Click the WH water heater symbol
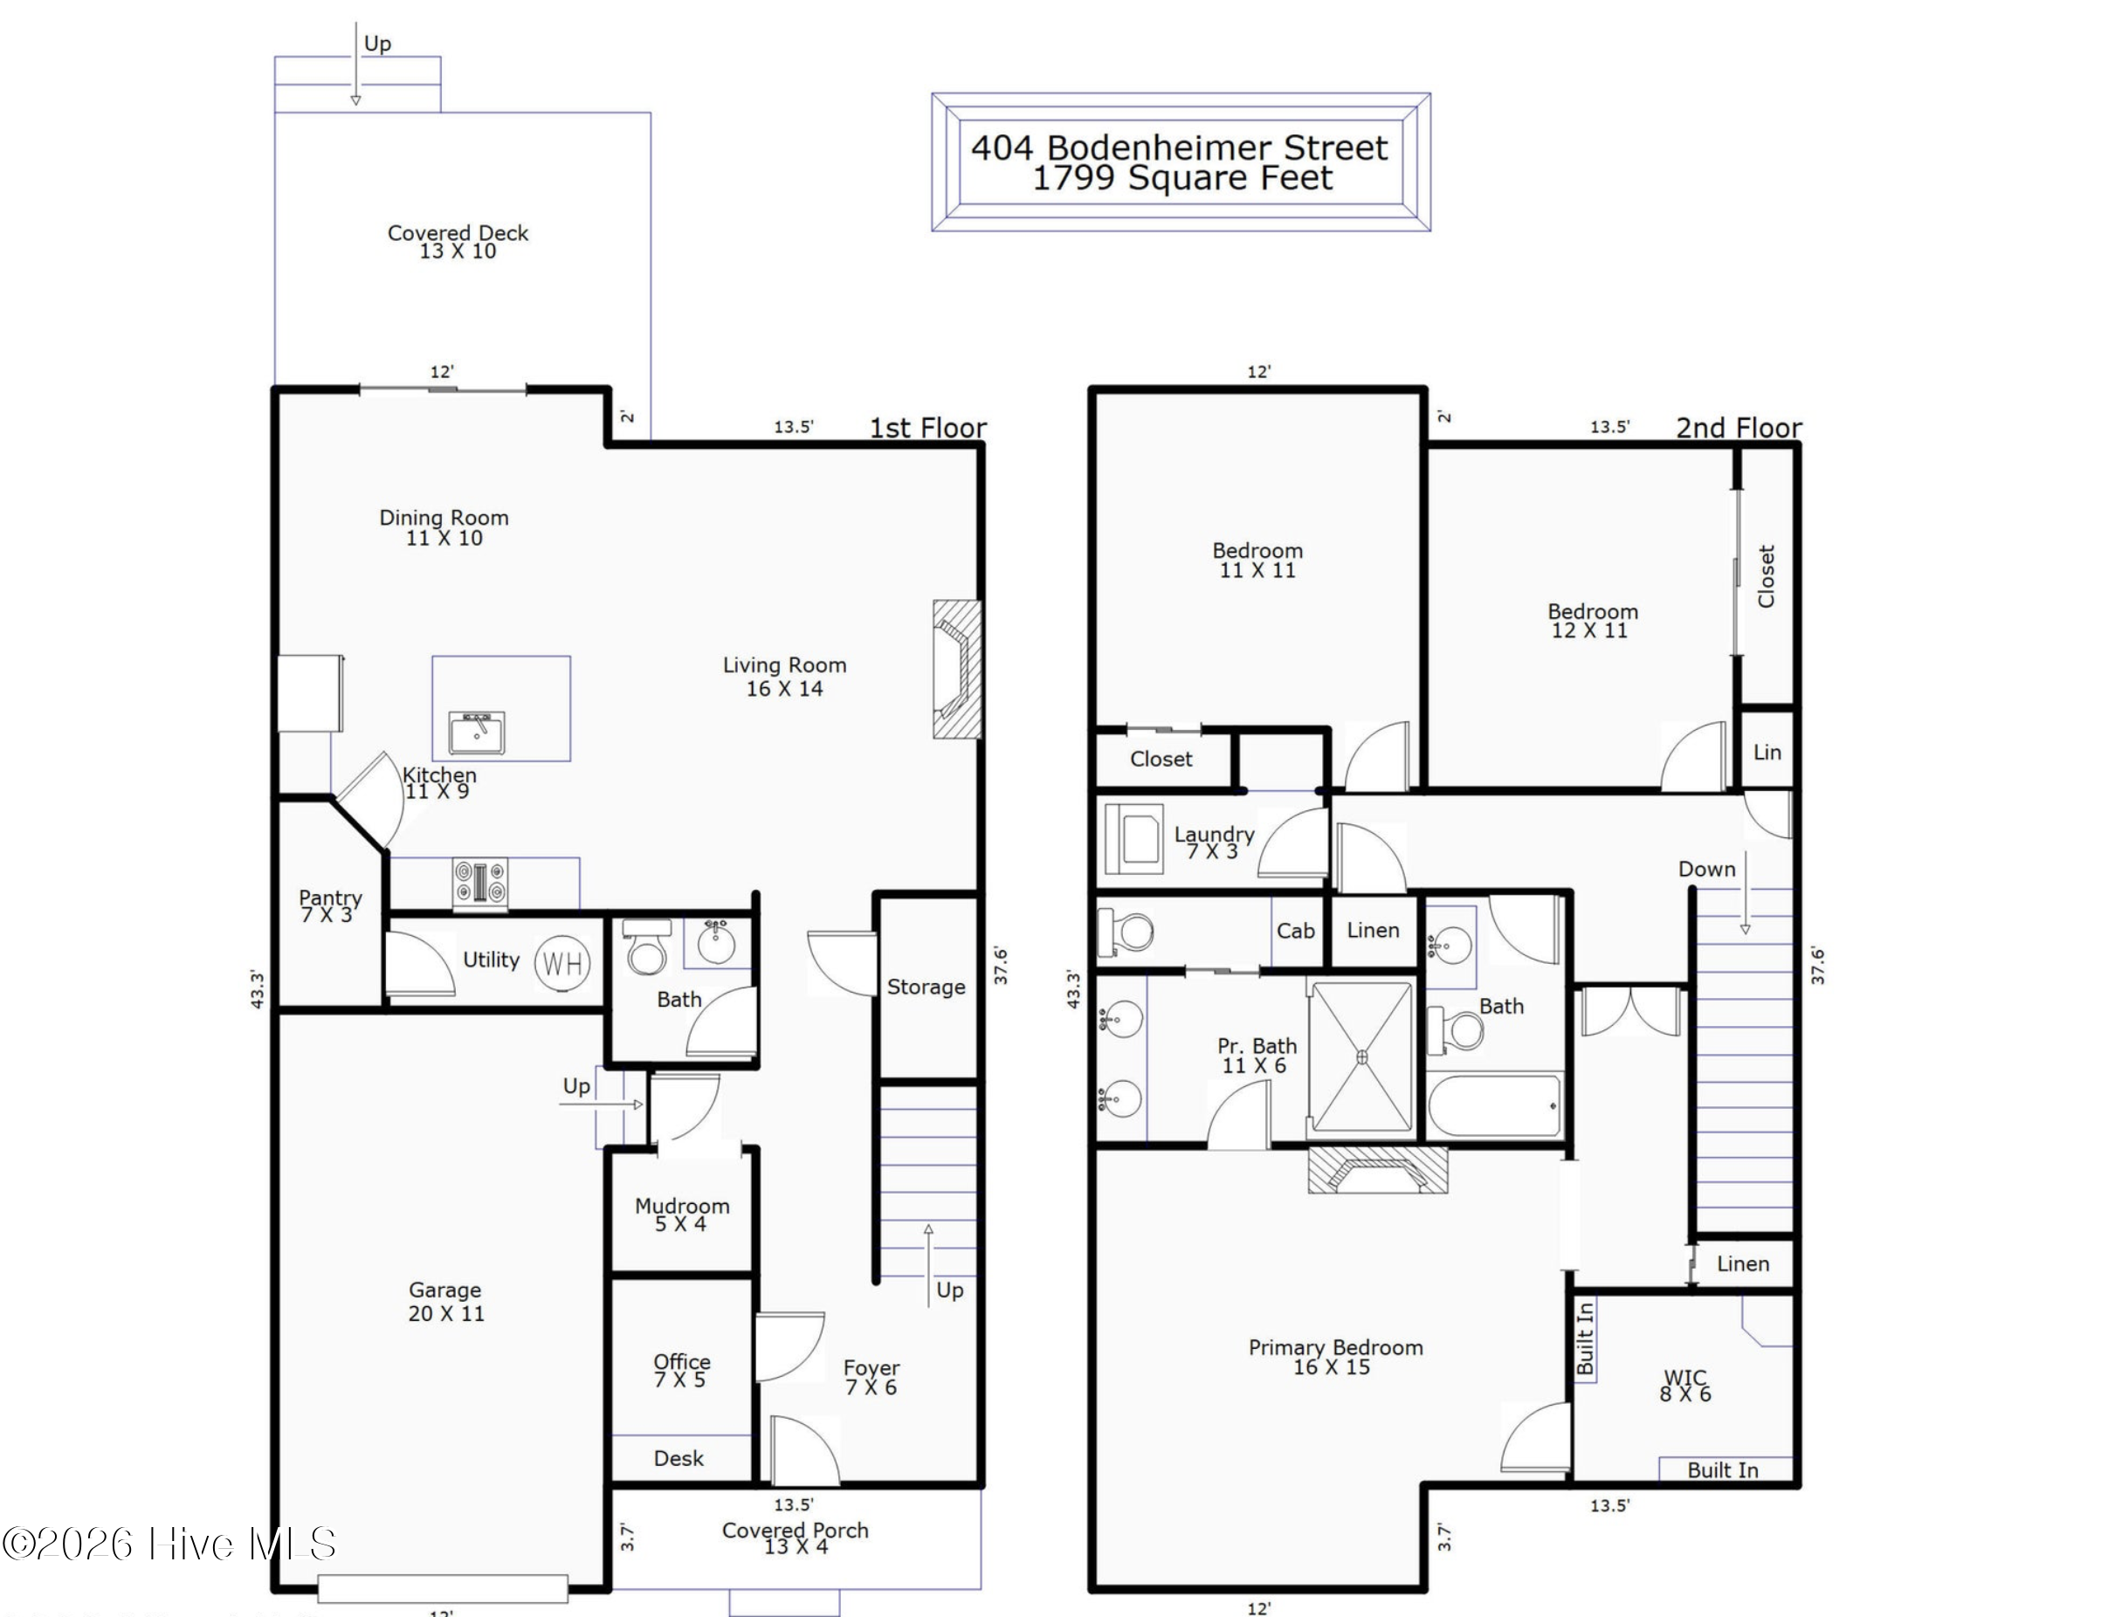coord(562,963)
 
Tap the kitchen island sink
coord(477,734)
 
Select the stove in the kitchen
coord(480,882)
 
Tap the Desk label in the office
coord(679,1458)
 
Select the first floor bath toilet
coord(646,947)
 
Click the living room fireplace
coord(957,670)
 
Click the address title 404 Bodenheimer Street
coord(1180,148)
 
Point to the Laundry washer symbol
coord(1134,833)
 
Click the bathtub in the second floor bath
coord(1495,1105)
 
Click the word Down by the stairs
coord(1706,869)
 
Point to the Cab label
coord(1296,930)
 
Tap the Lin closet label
coord(1767,753)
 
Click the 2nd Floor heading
coord(1739,427)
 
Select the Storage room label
coord(927,987)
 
